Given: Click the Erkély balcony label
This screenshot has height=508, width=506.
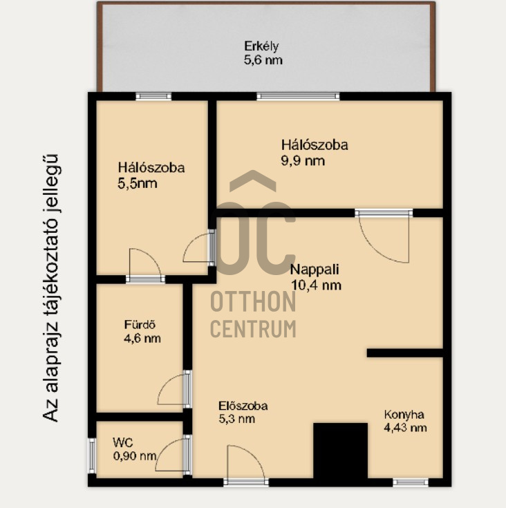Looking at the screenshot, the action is tap(261, 46).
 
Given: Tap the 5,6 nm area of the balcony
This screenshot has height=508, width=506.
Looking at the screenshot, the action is tap(263, 60).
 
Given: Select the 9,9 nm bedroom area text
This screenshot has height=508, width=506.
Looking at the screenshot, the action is tap(303, 160).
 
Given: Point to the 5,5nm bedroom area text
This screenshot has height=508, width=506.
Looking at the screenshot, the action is tap(138, 184).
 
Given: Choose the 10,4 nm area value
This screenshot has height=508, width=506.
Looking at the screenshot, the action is tap(316, 285).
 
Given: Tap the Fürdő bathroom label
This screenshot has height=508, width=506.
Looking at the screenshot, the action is tap(140, 324).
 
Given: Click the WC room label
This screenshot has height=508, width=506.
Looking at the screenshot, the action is tap(123, 442).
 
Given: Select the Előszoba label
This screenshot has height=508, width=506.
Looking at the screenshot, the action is tap(243, 406).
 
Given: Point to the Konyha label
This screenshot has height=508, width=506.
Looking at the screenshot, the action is tap(404, 415).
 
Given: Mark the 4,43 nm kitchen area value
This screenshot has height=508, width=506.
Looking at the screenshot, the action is tap(405, 428).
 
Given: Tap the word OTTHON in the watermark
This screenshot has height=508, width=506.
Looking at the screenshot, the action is tap(253, 301).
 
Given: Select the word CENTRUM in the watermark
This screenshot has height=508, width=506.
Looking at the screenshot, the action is tap(253, 328).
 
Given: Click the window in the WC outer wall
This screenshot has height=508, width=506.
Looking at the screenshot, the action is tap(93, 455).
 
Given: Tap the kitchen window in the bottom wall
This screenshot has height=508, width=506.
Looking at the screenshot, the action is tap(411, 482).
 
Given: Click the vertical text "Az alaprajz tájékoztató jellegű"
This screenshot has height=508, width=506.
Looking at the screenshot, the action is tap(50, 288).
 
